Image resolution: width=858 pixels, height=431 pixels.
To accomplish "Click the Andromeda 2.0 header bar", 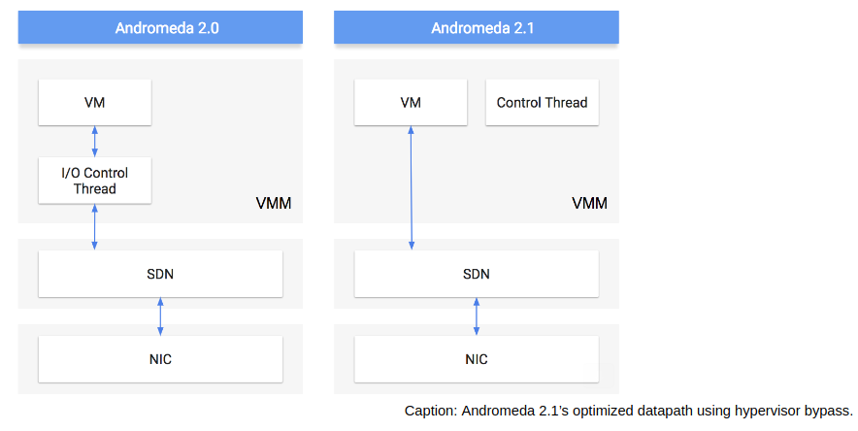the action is pyautogui.click(x=160, y=27).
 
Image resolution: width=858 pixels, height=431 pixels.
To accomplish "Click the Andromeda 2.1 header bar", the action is pyautogui.click(x=476, y=27).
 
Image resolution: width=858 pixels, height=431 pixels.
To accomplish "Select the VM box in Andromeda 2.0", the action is pyautogui.click(x=95, y=102).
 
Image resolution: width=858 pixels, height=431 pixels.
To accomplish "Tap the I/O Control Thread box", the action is pyautogui.click(x=95, y=181).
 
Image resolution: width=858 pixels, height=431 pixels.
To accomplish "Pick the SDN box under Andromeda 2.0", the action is pyautogui.click(x=160, y=274).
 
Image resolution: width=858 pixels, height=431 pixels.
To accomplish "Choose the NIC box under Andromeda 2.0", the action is pyautogui.click(x=160, y=359).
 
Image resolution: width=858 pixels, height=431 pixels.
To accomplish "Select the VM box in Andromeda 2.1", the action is pyautogui.click(x=411, y=102).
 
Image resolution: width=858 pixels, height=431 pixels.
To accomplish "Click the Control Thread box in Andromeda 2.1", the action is pyautogui.click(x=542, y=102).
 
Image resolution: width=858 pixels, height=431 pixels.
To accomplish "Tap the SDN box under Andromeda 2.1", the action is pyautogui.click(x=476, y=274).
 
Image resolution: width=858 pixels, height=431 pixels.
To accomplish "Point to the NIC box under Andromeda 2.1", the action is pyautogui.click(x=476, y=359).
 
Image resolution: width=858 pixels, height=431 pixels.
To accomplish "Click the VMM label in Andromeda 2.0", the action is pyautogui.click(x=274, y=204).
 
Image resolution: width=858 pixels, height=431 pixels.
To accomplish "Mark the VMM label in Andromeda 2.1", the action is pyautogui.click(x=589, y=204).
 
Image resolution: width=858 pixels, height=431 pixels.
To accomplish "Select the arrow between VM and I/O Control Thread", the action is pyautogui.click(x=95, y=142).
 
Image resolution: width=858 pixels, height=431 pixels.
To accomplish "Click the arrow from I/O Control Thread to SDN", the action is pyautogui.click(x=95, y=227).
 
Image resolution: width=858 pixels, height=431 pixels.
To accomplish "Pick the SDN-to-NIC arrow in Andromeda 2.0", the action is pyautogui.click(x=160, y=316).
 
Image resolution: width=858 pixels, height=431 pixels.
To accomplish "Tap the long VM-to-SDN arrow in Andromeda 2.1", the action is pyautogui.click(x=411, y=188).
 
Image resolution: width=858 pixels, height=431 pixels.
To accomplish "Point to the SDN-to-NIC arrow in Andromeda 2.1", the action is pyautogui.click(x=476, y=316).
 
